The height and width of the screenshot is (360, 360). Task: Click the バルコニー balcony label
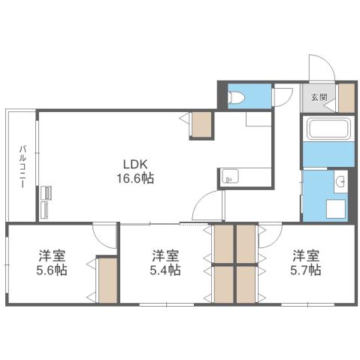(x=23, y=168)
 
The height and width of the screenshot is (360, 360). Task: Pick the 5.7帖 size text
(x=307, y=270)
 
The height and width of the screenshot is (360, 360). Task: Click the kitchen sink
(x=230, y=178)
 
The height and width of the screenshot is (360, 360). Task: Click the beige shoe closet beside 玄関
(x=346, y=98)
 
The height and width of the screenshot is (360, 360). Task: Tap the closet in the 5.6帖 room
(x=107, y=280)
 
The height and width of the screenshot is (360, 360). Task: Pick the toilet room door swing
(x=283, y=98)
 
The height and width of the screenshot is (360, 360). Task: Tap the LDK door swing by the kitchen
(x=207, y=206)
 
